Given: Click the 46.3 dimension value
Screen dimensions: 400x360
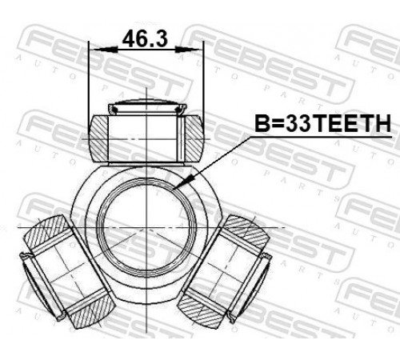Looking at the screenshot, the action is (x=145, y=39).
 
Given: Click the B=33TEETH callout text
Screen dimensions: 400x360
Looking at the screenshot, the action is (x=322, y=123).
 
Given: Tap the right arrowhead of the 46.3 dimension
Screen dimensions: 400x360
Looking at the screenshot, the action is (x=189, y=50).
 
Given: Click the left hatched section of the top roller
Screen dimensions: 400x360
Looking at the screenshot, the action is (x=98, y=138).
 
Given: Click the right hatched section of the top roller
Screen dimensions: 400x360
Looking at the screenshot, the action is (x=194, y=138).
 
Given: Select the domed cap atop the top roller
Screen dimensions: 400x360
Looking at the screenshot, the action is (x=146, y=106).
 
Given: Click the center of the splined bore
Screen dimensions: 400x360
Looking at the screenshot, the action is (x=146, y=228).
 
